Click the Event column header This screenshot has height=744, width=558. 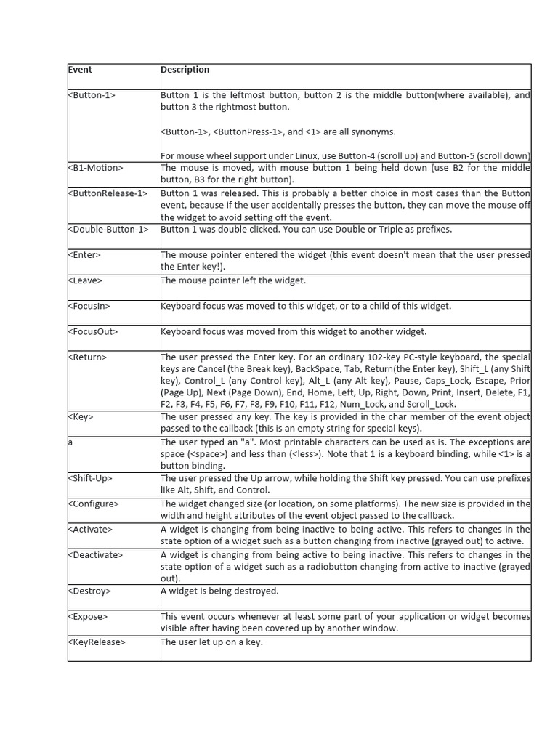point(81,70)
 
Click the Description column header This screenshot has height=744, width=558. point(185,70)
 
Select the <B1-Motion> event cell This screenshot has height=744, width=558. point(96,168)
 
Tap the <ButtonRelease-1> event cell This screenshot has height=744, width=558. point(108,193)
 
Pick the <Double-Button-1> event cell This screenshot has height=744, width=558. point(108,230)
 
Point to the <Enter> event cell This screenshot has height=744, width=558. point(85,255)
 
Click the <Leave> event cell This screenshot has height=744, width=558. point(86,280)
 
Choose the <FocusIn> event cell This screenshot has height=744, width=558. point(89,306)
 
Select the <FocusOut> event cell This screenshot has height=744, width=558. point(93,331)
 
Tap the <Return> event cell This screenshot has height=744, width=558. point(88,357)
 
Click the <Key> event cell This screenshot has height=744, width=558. point(81,417)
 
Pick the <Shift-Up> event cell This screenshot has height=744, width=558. point(91,478)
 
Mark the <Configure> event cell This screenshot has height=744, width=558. point(94,504)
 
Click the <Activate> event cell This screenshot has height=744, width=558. point(92,529)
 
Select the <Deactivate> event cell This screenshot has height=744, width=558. point(96,554)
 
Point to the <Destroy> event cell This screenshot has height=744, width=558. point(90,591)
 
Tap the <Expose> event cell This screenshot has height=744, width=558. point(88,616)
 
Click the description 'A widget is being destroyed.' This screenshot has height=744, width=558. point(219,591)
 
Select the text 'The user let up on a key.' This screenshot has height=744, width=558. point(211,642)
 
